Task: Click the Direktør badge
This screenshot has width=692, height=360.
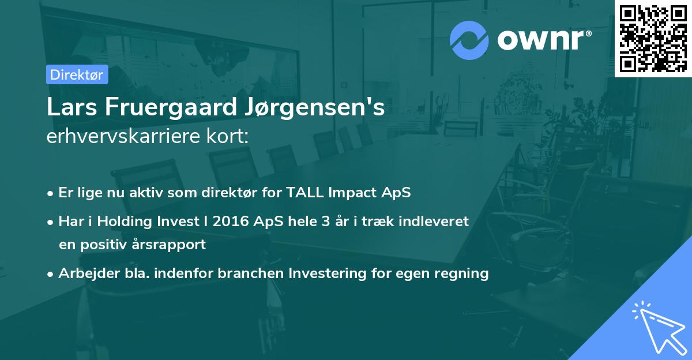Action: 77,74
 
